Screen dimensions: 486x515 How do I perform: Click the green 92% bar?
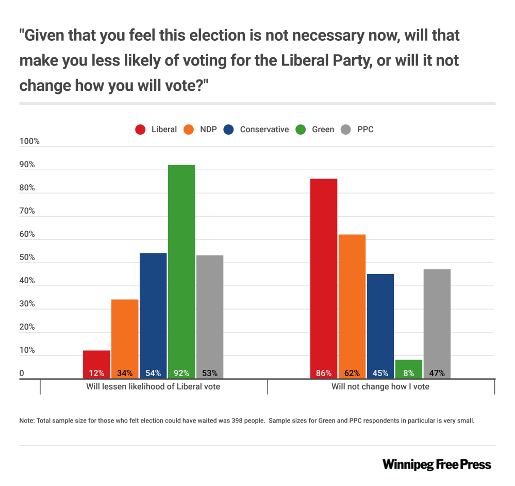tap(181, 268)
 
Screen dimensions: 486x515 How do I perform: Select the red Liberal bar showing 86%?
tap(324, 273)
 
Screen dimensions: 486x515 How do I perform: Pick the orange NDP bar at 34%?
tap(125, 335)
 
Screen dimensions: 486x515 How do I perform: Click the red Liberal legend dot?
tap(140, 129)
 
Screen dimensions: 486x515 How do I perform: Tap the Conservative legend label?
tap(264, 129)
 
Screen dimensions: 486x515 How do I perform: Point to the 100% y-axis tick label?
tap(29, 142)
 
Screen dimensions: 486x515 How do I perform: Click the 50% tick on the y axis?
tap(27, 258)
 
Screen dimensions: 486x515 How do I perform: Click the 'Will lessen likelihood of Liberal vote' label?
tap(153, 386)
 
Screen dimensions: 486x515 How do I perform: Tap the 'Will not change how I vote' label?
tap(380, 386)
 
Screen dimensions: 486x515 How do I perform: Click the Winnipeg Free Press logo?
tap(437, 464)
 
